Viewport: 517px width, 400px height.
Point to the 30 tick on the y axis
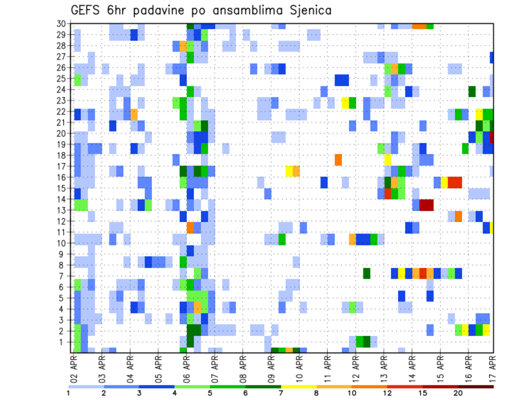click(62, 24)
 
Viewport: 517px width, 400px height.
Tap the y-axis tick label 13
click(62, 210)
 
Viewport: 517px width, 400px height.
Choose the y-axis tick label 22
click(62, 112)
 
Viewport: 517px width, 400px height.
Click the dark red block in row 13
click(427, 205)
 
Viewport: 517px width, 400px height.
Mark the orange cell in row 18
click(338, 160)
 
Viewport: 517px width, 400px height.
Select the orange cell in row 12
click(458, 216)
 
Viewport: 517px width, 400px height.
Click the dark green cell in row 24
click(472, 92)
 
